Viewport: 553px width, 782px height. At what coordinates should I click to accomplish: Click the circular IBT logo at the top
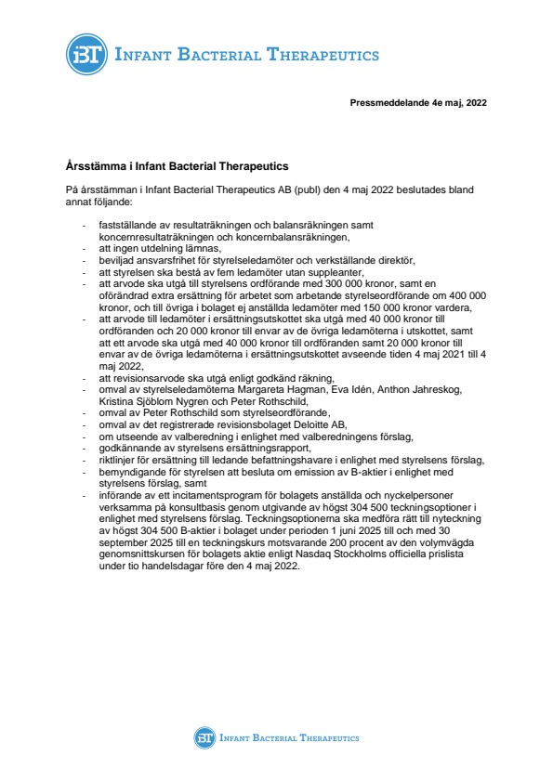[86, 54]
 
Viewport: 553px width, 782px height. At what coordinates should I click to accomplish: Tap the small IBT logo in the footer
[204, 737]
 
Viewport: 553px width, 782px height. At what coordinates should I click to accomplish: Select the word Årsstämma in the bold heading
[92, 167]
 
